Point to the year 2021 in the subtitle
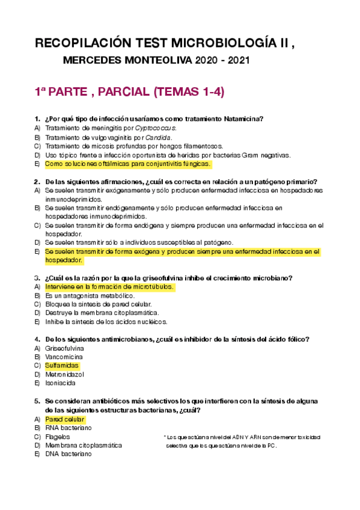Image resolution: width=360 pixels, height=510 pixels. point(236,61)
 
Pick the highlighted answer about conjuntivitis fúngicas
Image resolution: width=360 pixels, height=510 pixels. point(127,164)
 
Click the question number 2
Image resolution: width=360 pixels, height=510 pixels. point(37,181)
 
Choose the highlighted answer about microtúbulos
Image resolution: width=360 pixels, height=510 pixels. point(109,287)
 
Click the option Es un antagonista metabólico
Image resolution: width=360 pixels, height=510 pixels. point(89,296)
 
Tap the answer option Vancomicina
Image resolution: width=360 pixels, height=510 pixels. point(66,357)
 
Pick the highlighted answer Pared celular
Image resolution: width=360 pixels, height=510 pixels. point(65,419)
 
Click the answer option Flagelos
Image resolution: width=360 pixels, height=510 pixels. point(58,437)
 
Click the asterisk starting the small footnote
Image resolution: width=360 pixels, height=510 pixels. point(164,437)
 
